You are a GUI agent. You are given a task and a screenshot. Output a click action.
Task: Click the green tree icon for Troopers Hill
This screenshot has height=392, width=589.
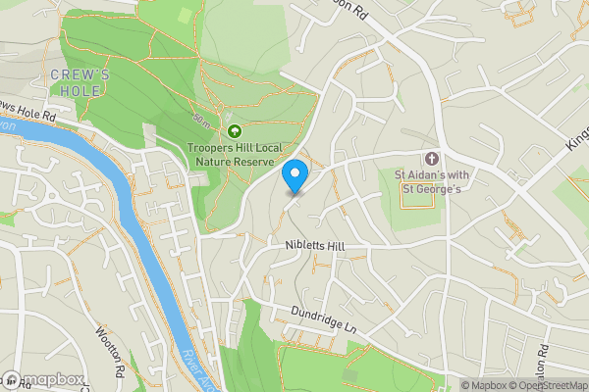click(234, 130)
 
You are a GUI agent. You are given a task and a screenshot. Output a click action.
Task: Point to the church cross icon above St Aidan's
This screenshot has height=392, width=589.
click(430, 158)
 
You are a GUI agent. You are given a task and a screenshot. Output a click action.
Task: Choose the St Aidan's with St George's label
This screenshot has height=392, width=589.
click(428, 182)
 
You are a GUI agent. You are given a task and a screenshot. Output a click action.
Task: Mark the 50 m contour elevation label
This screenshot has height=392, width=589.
click(201, 120)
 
